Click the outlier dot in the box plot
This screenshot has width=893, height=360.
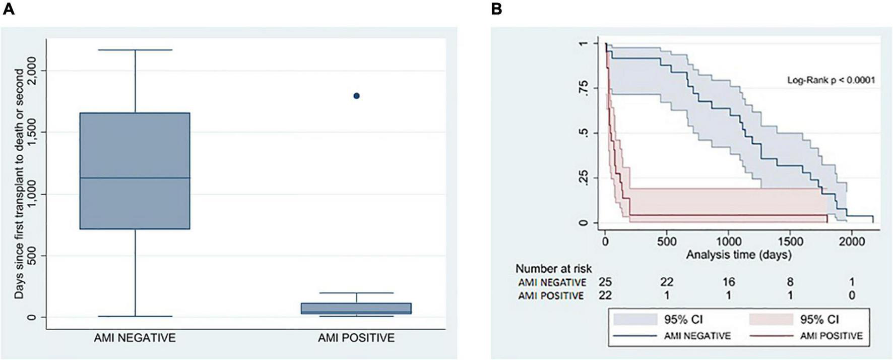point(356,96)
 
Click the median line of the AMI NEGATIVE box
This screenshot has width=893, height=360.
point(135,177)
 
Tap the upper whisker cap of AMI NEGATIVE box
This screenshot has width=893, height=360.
point(135,50)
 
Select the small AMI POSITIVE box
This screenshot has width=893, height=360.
point(356,308)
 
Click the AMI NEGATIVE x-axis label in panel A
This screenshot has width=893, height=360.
point(135,338)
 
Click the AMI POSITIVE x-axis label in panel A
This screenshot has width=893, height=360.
point(356,338)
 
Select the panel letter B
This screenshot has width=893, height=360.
point(496,9)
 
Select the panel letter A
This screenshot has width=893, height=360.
point(9,9)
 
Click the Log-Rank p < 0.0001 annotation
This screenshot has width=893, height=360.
point(831,80)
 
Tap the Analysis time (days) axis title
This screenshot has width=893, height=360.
point(738,255)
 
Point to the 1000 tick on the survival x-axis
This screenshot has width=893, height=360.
point(728,242)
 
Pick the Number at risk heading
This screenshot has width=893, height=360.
point(553,268)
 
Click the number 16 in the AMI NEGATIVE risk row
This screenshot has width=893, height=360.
point(728,282)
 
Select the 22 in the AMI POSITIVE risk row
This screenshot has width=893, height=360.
point(605,295)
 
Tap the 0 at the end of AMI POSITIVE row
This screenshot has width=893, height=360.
point(852,295)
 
